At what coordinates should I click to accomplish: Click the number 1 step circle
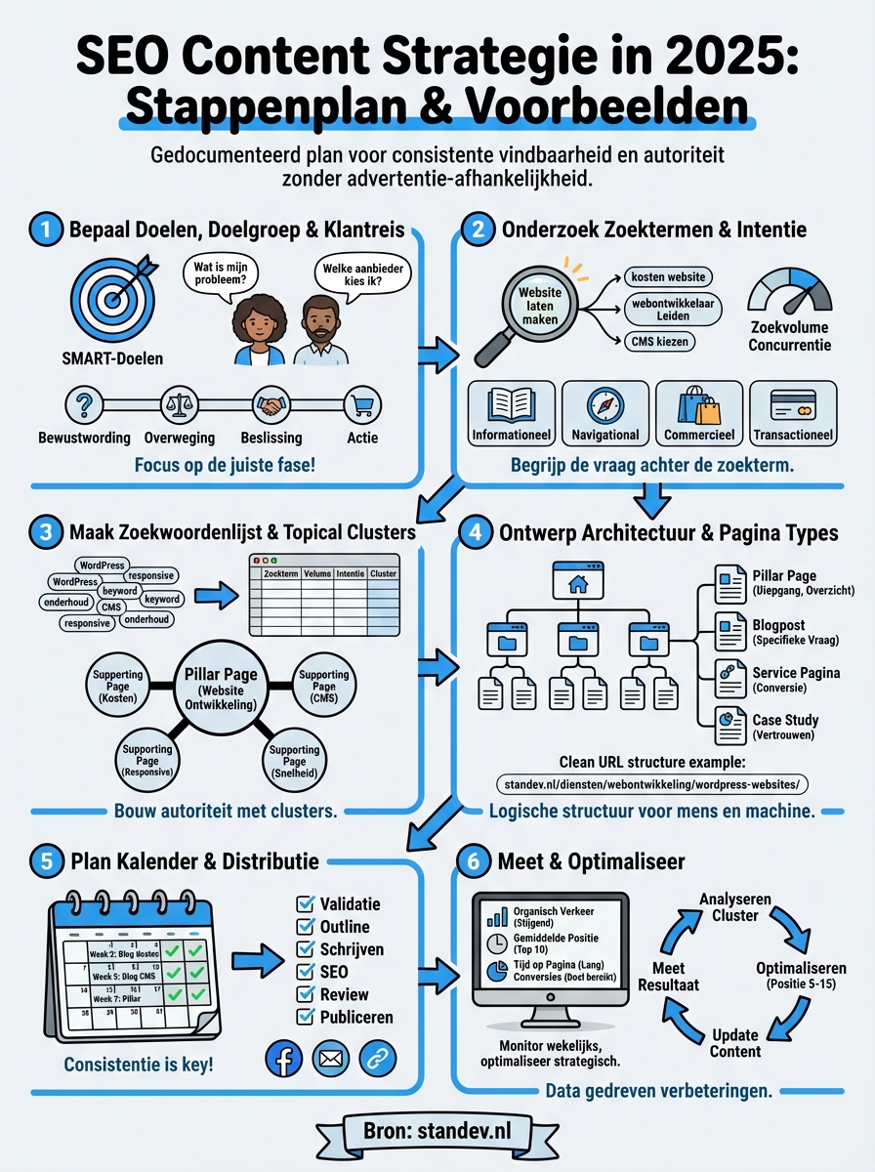(x=46, y=230)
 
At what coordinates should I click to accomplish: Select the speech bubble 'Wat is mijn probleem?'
(x=221, y=275)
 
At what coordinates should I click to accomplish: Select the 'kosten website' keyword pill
(x=668, y=277)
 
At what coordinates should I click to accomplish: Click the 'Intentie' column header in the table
(x=350, y=573)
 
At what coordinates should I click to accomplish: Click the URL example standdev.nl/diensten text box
(x=641, y=783)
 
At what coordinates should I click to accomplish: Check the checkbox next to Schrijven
(x=304, y=949)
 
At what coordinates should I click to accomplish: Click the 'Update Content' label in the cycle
(x=735, y=1042)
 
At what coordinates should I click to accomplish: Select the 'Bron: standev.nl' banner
(x=437, y=1134)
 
